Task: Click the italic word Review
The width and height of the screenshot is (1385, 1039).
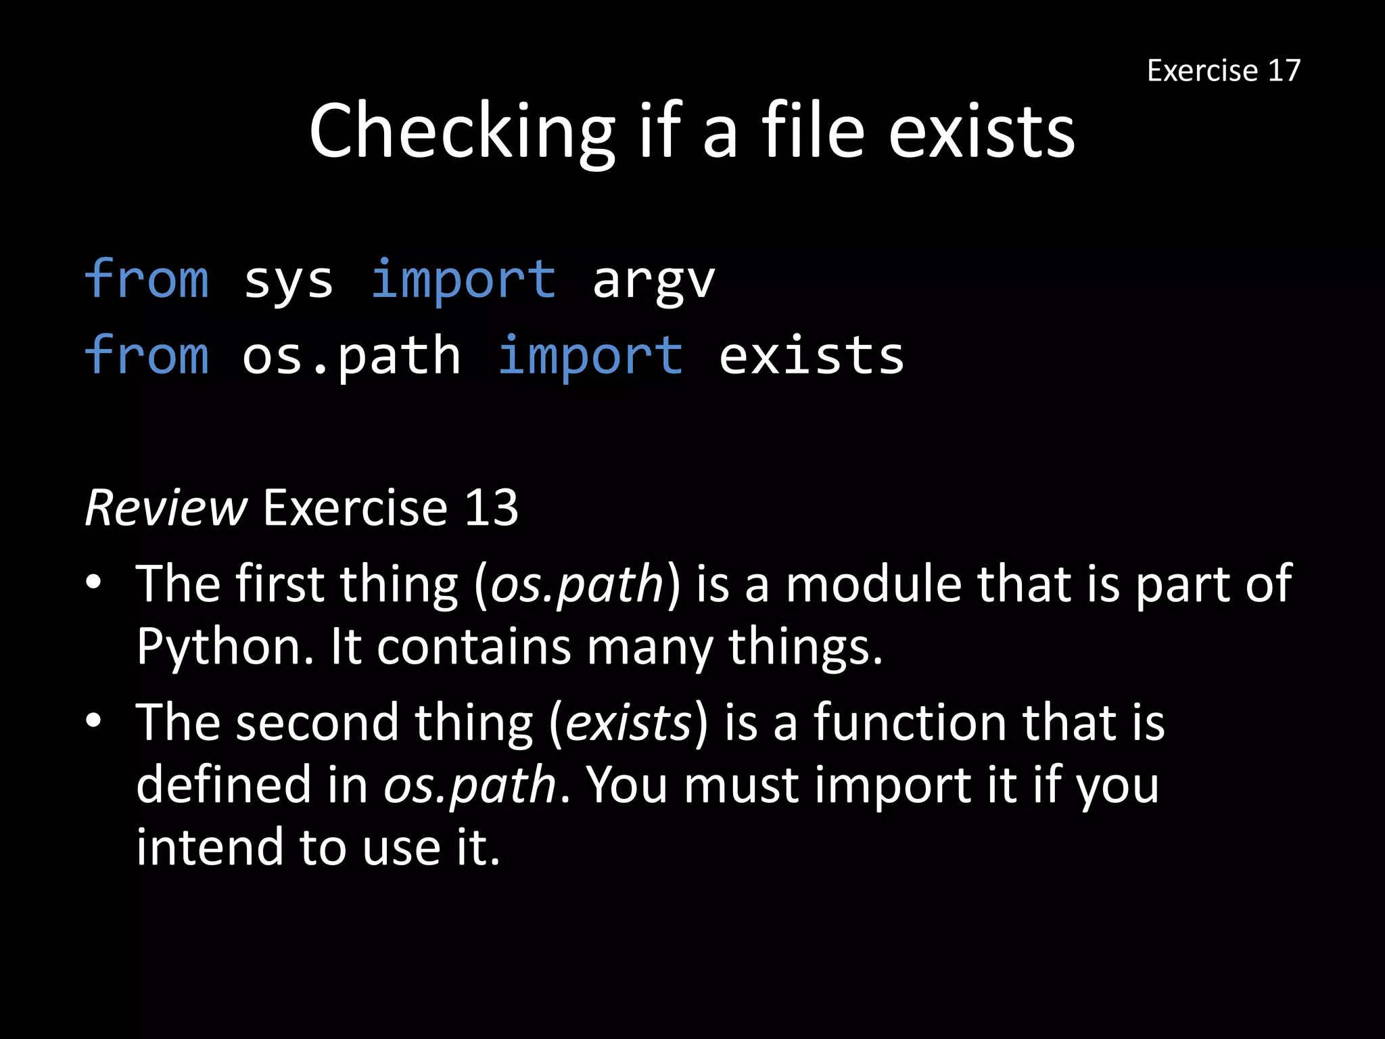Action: pos(166,507)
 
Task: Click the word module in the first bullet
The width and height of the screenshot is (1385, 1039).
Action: pos(873,584)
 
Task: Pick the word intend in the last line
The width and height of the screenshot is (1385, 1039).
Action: pos(209,847)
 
